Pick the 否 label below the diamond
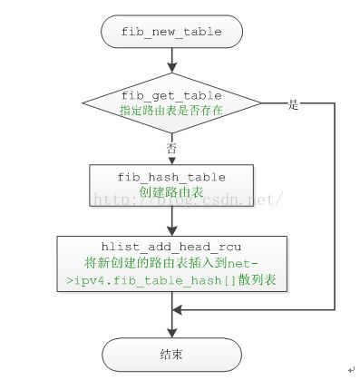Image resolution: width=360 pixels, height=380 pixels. click(170, 144)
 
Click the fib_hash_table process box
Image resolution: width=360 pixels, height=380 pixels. click(171, 186)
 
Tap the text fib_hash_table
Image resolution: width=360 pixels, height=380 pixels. click(171, 179)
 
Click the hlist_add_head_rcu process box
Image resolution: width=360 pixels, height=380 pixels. click(171, 264)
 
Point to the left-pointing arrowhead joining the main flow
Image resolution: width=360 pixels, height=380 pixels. click(177, 309)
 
